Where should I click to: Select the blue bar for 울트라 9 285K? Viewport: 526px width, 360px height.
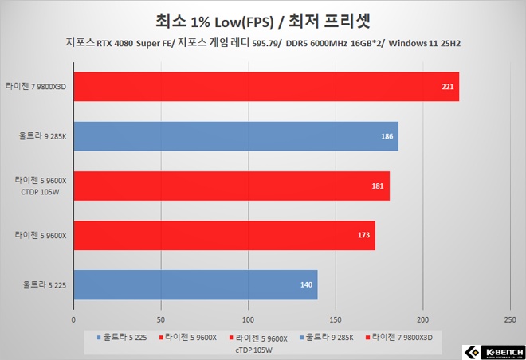236,136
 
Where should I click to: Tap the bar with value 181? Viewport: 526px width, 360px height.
231,186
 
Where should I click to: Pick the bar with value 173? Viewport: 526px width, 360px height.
224,235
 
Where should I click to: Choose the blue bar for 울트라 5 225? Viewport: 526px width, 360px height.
195,284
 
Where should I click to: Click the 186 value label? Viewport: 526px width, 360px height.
387,136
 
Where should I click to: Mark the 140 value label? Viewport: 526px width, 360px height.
305,284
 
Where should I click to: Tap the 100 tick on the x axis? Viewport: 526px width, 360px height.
248,320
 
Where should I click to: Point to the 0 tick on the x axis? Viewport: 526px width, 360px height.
73,320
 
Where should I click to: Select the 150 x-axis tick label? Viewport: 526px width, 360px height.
336,320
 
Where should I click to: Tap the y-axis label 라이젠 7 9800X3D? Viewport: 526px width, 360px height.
37,87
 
